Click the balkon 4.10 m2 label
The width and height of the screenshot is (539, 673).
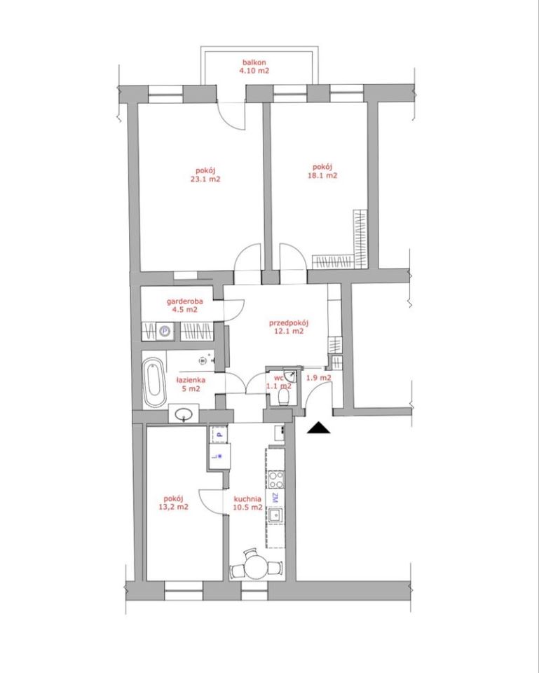click(x=254, y=67)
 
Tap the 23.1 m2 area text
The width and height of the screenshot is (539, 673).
click(x=205, y=179)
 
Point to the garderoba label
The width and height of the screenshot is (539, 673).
click(x=185, y=301)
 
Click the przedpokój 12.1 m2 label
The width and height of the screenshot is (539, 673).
click(x=289, y=327)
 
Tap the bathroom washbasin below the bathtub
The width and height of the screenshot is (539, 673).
click(x=184, y=414)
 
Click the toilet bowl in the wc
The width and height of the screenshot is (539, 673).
click(x=284, y=397)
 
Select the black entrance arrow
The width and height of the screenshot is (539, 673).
click(x=319, y=428)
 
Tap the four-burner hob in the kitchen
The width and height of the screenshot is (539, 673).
click(x=276, y=480)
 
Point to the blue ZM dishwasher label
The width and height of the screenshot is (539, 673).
click(x=275, y=498)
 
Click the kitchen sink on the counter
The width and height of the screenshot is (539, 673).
click(x=275, y=515)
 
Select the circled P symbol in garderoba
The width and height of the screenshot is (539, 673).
click(x=165, y=332)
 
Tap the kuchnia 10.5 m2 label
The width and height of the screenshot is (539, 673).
click(x=247, y=503)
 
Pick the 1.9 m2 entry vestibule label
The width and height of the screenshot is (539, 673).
click(x=318, y=378)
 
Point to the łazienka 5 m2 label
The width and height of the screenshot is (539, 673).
click(x=191, y=385)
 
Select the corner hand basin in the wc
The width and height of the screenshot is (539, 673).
click(x=292, y=375)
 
